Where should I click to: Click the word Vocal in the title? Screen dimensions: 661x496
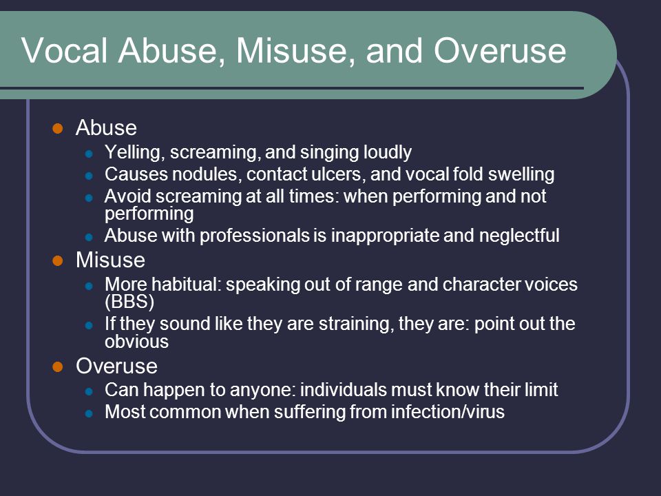(65, 50)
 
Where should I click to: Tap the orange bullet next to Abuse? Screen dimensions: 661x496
(58, 128)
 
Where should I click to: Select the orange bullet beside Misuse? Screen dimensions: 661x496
(58, 260)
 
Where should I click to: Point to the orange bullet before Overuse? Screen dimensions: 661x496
(58, 366)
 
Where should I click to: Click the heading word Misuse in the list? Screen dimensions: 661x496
(110, 260)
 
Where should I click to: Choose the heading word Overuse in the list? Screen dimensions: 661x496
(117, 366)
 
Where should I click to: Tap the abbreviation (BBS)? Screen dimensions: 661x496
(129, 302)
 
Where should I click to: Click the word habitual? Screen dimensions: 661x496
(187, 285)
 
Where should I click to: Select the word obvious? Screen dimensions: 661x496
(136, 342)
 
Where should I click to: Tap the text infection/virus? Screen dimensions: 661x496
(448, 412)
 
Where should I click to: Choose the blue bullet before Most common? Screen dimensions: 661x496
(89, 413)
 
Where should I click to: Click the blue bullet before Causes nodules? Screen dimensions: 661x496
(89, 176)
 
